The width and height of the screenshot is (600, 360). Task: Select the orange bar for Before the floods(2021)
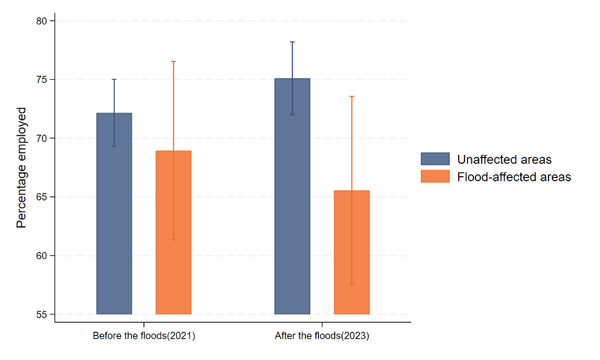point(173,232)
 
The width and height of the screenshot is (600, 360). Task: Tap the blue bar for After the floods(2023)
point(292,196)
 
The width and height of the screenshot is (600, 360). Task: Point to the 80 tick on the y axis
point(42,21)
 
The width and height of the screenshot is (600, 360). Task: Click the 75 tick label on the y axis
point(42,80)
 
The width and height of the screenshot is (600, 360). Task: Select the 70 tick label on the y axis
point(42,138)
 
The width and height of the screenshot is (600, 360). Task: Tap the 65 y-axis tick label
point(42,197)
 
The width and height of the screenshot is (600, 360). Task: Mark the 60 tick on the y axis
point(42,256)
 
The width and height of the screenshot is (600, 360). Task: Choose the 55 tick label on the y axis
point(42,314)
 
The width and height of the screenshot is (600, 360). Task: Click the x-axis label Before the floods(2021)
point(144,336)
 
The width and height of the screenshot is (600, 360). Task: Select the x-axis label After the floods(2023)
point(322,336)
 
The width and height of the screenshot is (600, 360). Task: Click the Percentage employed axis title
point(21,168)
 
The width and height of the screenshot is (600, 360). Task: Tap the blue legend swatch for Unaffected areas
point(435,159)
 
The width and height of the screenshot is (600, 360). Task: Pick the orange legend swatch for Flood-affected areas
point(435,176)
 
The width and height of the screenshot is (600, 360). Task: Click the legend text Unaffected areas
point(504,159)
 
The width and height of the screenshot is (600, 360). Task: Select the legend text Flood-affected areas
point(514,176)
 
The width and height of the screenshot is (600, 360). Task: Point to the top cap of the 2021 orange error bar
point(173,61)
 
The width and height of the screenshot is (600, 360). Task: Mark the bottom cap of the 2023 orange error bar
point(351,284)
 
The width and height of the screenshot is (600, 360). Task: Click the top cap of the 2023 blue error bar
point(292,42)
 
